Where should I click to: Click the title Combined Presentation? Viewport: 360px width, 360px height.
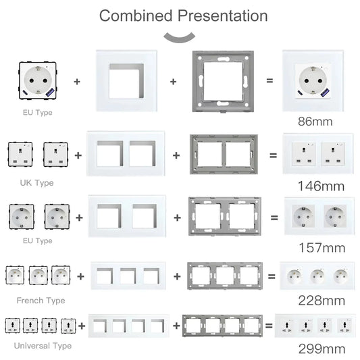pos(183,16)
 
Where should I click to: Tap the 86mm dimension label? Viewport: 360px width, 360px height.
pos(315,122)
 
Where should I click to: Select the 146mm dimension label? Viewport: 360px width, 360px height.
pos(317,185)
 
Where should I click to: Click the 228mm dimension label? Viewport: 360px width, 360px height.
pos(317,299)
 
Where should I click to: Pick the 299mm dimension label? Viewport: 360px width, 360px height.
pos(317,349)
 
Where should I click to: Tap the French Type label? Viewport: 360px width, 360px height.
pos(41,299)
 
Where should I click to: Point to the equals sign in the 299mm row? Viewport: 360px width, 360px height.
pos(267,326)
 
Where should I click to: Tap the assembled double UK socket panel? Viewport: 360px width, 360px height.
pos(315,155)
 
